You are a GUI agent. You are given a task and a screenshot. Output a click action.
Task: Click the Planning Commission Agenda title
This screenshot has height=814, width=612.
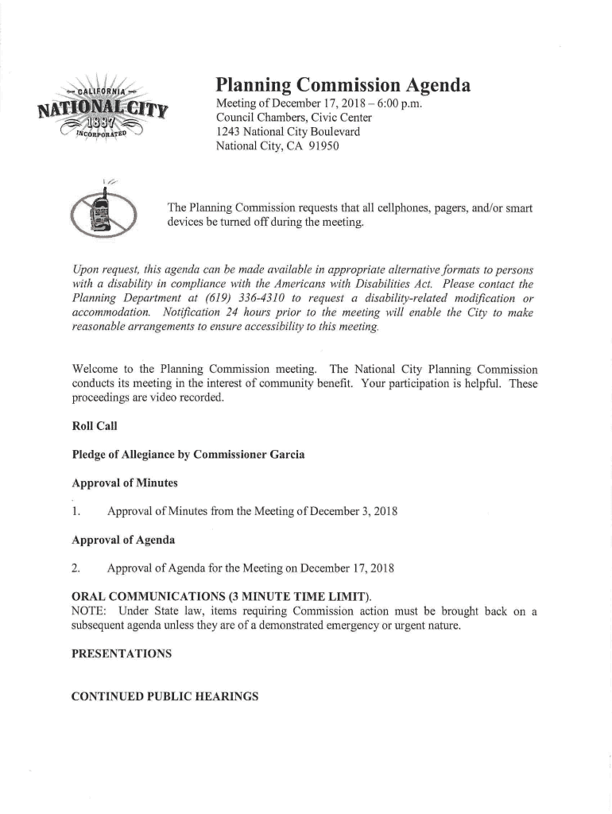click(x=343, y=86)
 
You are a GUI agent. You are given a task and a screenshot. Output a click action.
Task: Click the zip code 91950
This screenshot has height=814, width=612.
click(x=323, y=147)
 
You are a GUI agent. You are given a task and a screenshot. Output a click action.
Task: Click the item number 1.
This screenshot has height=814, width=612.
click(x=76, y=510)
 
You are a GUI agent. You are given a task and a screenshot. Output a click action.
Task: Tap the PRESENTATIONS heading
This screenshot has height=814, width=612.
click(x=122, y=653)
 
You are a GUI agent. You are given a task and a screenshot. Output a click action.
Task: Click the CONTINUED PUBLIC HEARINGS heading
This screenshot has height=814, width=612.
click(x=165, y=697)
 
